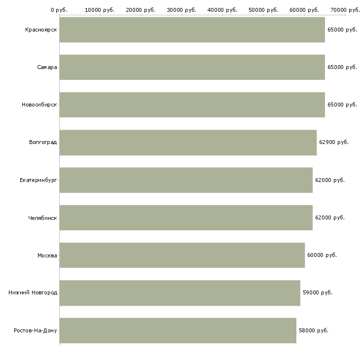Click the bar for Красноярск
click(x=192, y=30)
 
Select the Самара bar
click(x=192, y=67)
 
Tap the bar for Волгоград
click(x=188, y=143)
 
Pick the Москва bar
click(x=182, y=255)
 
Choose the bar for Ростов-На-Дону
click(x=178, y=330)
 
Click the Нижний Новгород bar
click(x=180, y=293)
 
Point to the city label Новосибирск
click(x=39, y=105)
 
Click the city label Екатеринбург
click(x=38, y=180)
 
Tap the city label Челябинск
click(x=42, y=218)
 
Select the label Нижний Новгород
click(x=33, y=292)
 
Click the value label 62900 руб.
click(x=334, y=143)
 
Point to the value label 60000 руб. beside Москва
click(x=322, y=255)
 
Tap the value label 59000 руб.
click(x=318, y=293)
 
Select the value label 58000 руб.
click(x=314, y=330)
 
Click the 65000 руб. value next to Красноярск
click(x=342, y=30)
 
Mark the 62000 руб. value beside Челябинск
click(x=330, y=217)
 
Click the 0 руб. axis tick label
click(x=59, y=10)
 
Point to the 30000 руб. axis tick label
click(x=181, y=10)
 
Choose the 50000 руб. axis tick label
click(x=263, y=10)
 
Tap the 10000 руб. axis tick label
click(x=100, y=10)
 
